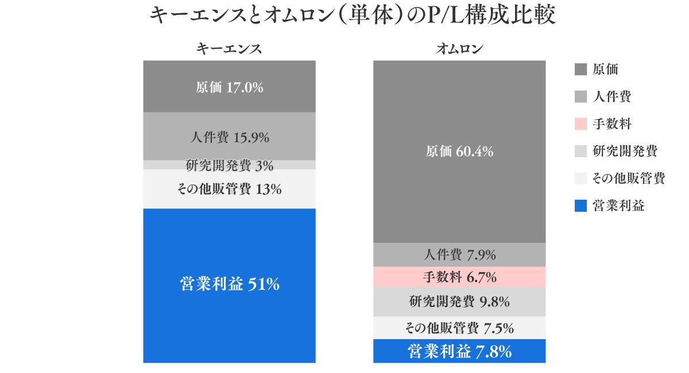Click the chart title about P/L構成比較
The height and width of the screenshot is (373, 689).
point(353,16)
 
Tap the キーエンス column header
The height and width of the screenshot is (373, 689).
point(229,49)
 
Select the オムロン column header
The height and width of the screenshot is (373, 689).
point(459,49)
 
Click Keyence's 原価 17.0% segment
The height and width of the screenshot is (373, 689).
point(229,87)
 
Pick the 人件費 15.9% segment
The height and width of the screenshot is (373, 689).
point(229,137)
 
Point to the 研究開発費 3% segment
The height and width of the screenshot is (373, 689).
point(229,165)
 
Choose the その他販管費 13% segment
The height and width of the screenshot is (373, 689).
point(229,189)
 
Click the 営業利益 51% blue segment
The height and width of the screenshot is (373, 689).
point(229,285)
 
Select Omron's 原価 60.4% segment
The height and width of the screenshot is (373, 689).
point(459,151)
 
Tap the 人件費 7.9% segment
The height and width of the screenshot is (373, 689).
point(459,255)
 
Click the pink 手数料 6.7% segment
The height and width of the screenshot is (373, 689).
point(459,278)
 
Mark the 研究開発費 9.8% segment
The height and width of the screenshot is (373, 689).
point(459,302)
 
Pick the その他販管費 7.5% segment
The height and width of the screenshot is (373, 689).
point(459,328)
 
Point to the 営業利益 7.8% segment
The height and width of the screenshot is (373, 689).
point(459,351)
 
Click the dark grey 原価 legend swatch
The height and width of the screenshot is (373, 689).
point(580,70)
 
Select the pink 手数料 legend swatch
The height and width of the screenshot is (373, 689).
point(580,124)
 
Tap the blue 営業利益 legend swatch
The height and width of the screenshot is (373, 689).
point(580,206)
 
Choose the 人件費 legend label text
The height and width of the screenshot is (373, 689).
point(611,97)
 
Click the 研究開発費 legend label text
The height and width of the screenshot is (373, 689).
point(625,151)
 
